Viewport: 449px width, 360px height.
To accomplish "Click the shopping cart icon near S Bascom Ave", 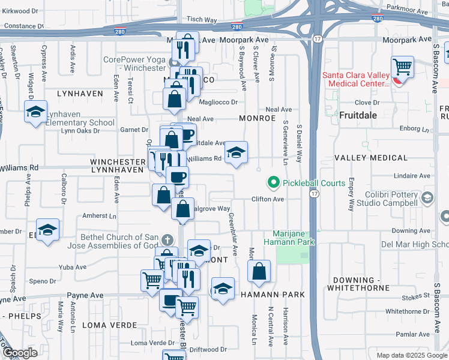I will (402, 67).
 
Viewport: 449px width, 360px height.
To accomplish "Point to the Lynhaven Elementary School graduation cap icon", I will (35, 112).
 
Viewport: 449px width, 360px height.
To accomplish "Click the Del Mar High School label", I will (415, 244).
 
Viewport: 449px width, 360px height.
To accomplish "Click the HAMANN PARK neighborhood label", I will (273, 295).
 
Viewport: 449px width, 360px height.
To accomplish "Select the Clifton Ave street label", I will (267, 199).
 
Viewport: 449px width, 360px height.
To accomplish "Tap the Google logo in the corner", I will (20, 353).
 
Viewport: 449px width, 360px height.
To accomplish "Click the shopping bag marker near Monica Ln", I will (259, 272).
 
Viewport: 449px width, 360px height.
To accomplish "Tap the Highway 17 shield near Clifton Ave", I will (315, 194).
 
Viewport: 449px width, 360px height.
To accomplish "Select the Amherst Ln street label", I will (99, 215).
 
